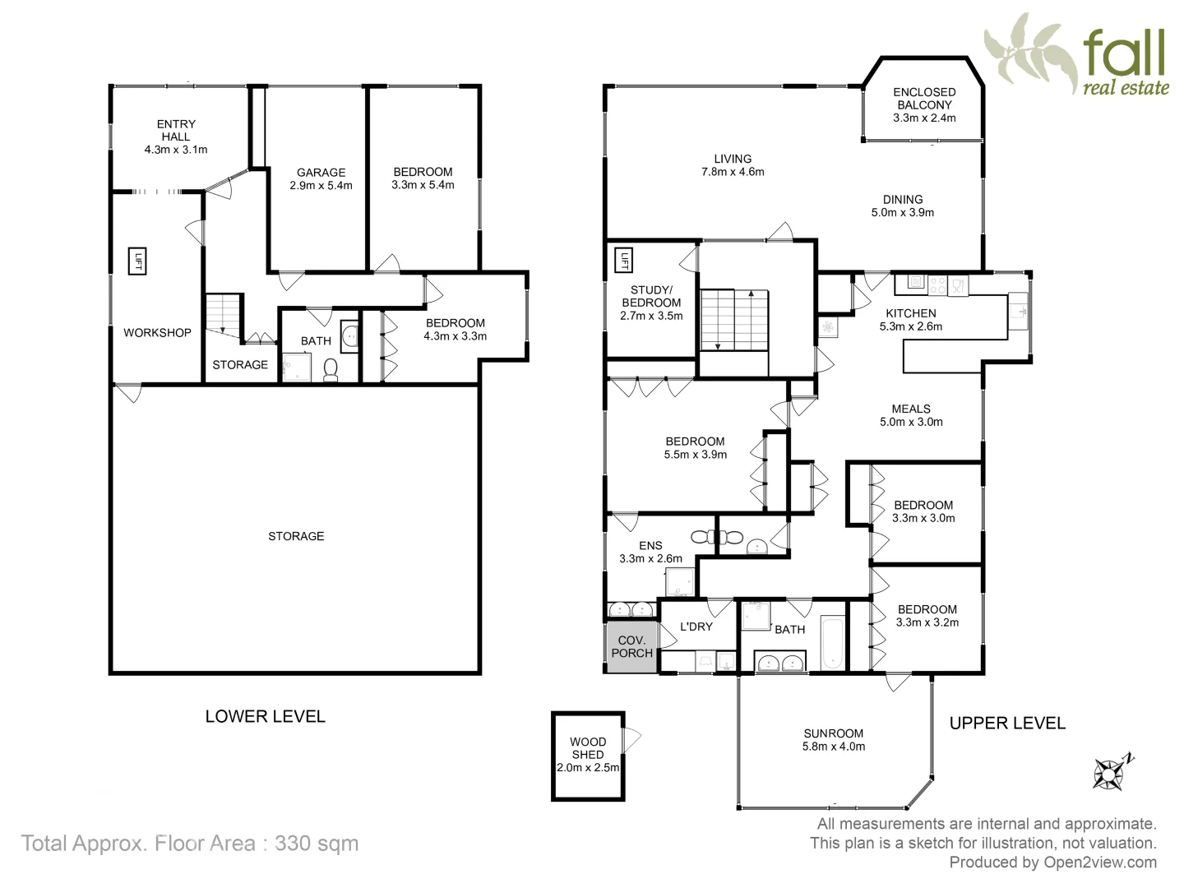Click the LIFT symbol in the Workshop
click(137, 261)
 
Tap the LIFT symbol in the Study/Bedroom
click(624, 261)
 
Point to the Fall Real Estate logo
click(1078, 54)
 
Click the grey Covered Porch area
click(631, 647)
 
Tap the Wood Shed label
click(587, 748)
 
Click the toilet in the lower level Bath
click(331, 371)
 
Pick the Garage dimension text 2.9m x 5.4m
click(321, 185)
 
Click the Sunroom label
click(833, 733)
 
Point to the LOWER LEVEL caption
click(265, 716)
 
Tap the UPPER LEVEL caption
click(1007, 723)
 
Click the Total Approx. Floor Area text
click(190, 843)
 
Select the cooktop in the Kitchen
click(937, 284)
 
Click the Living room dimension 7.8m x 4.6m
click(732, 172)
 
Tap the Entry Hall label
click(176, 131)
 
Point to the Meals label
click(911, 409)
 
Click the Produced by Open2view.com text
click(1052, 863)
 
